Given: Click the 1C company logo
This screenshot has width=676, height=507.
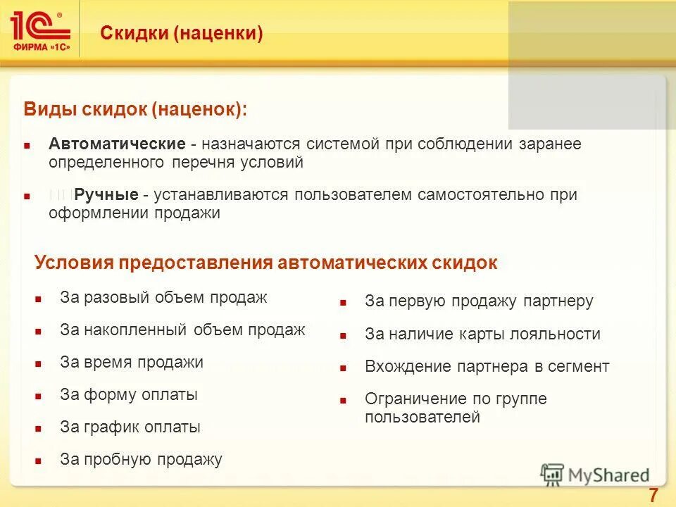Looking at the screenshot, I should coord(40,29).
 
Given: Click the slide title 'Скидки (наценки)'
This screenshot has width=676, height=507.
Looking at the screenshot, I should coord(182,33).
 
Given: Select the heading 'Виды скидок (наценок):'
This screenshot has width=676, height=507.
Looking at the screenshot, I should coord(136,109).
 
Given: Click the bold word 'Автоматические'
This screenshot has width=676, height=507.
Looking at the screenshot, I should coord(117,144).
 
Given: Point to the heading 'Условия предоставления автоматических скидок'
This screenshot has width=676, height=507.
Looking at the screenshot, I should coord(265,263).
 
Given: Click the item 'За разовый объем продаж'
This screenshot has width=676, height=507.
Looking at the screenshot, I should coord(163,297).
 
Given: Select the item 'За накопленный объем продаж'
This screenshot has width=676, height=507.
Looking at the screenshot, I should coord(182,330).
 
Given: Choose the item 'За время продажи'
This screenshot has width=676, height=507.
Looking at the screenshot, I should coord(132,362).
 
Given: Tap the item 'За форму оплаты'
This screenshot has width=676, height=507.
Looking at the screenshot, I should coord(129,394).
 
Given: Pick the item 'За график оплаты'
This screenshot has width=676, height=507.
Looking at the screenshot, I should coord(130,427).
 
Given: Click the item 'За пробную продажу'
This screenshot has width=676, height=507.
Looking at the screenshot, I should coord(141,460).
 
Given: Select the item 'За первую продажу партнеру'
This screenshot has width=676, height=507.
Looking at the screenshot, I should coord(479,301).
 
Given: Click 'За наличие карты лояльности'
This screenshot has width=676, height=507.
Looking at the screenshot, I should coord(482,334).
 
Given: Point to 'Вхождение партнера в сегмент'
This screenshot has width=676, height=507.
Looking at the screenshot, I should coord(487,366).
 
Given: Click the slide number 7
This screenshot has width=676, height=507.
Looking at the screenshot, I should coord(653,496).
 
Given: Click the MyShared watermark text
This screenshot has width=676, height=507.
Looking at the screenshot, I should coord(608,475).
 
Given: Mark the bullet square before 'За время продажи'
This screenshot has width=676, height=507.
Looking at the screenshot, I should coord(39,363).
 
